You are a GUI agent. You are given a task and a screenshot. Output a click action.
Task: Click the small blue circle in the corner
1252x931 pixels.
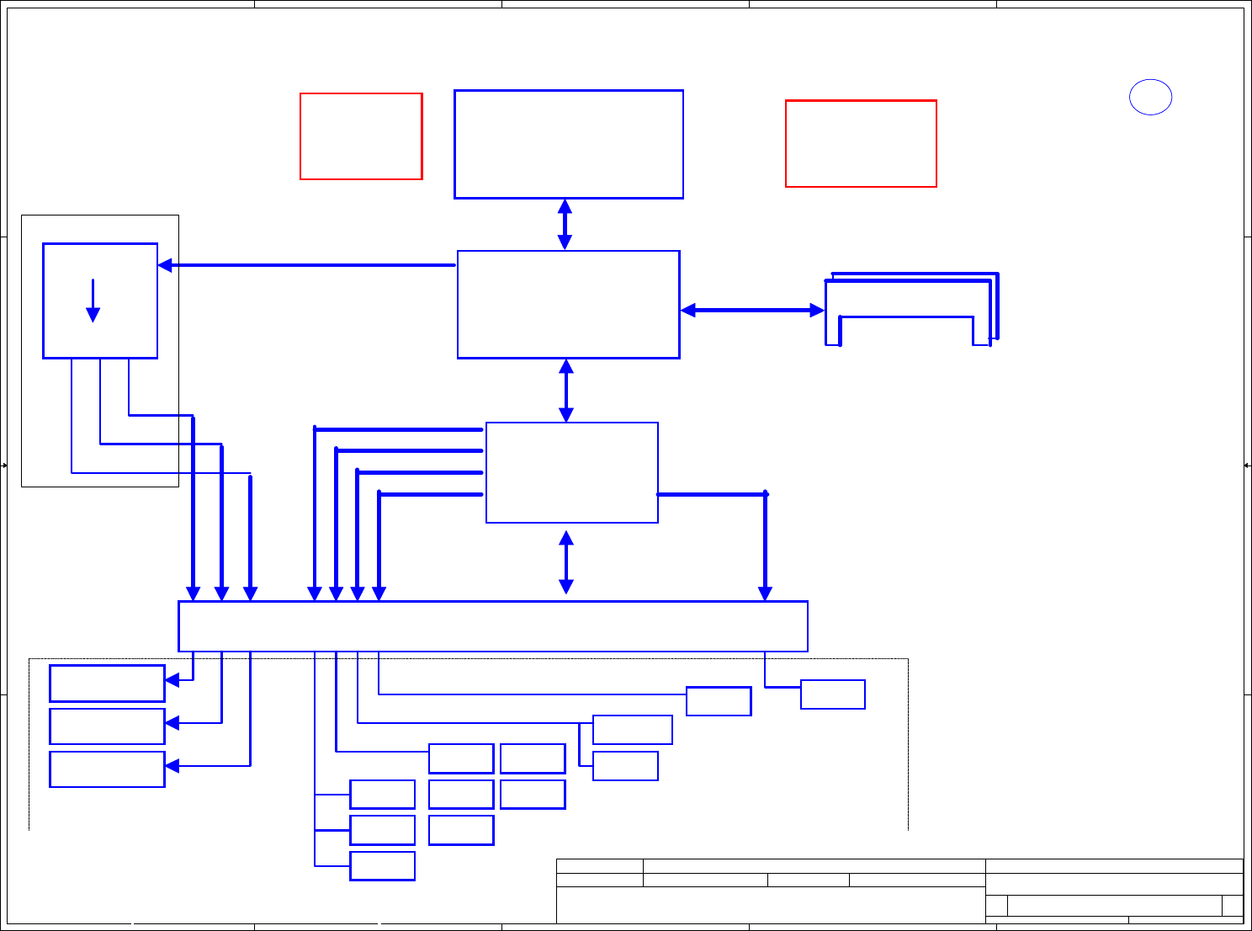1150,97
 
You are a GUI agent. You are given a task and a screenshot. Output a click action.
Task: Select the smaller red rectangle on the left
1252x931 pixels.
361,136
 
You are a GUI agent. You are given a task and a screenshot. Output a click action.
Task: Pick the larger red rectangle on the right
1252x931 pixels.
861,143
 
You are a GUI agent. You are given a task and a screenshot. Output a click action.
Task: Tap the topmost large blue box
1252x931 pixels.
569,144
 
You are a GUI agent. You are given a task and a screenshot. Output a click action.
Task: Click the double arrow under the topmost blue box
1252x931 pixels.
565,224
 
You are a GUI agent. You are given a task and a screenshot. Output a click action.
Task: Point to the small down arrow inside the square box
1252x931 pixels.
93,301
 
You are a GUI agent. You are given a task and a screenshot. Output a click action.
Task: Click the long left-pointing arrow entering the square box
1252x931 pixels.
307,265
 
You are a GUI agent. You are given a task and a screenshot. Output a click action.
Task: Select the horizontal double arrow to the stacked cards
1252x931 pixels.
752,311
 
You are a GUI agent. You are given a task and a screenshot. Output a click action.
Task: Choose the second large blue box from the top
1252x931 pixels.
569,304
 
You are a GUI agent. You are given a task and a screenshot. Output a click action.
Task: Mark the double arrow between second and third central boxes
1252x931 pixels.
566,391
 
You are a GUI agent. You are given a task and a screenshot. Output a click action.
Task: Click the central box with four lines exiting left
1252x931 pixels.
572,472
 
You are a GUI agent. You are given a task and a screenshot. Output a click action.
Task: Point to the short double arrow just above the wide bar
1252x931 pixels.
566,561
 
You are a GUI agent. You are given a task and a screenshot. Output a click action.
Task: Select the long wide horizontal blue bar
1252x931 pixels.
493,626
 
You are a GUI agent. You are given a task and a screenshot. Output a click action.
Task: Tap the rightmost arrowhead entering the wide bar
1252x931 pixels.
765,593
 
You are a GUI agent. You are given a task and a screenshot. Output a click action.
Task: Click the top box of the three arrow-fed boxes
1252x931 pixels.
107,683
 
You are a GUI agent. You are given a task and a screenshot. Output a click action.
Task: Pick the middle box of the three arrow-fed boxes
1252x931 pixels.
107,726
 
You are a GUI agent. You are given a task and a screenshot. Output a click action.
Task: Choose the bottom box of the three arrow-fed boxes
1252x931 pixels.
107,769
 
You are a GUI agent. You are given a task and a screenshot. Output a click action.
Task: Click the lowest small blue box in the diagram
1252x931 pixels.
382,866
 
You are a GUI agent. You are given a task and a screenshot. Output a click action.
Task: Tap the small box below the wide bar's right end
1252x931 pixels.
833,694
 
